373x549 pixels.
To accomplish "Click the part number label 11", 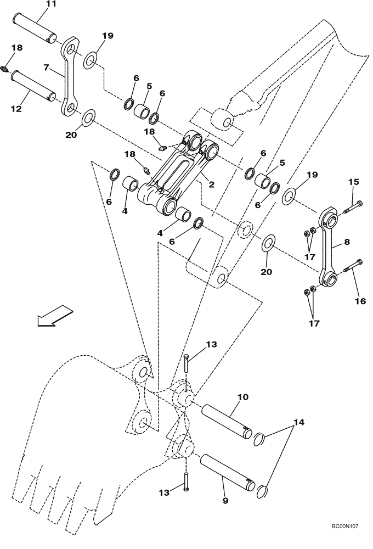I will (x=50, y=4).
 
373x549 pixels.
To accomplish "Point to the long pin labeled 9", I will (x=227, y=472).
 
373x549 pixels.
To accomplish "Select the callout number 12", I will (x=16, y=109).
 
